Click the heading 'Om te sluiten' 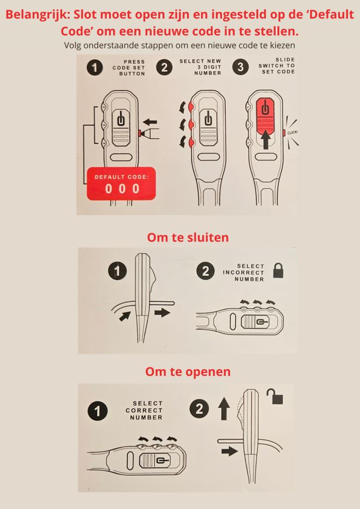(188, 237)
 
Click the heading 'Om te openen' (188, 371)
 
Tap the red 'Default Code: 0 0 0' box (121, 184)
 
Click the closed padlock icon (278, 270)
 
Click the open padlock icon (275, 396)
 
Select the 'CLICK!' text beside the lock (292, 133)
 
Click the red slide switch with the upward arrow (265, 125)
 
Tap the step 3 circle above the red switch (240, 67)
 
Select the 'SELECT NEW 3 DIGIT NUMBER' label (200, 67)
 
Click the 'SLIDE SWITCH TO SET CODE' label (277, 66)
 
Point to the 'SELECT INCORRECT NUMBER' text (244, 272)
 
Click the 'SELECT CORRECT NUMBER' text (144, 411)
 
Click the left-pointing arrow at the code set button (150, 122)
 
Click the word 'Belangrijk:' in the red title (38, 15)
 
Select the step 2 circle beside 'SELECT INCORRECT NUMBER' (206, 271)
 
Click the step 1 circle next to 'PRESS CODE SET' (95, 67)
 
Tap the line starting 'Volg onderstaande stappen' (179, 45)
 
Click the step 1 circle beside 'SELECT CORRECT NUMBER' (97, 411)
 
